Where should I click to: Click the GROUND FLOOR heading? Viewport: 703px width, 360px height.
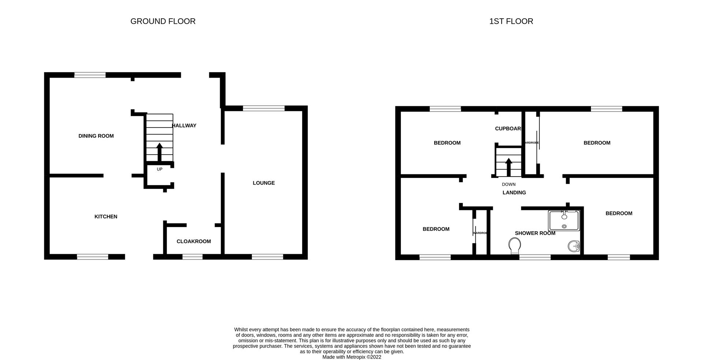163,21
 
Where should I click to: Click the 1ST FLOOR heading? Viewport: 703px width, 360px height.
511,21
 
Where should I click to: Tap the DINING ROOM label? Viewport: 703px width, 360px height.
96,136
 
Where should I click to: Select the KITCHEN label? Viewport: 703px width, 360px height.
106,216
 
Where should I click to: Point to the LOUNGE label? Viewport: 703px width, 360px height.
264,183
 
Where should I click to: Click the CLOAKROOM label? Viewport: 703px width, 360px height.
194,241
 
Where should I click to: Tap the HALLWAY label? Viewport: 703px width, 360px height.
184,126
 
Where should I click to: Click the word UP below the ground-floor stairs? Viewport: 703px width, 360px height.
160,169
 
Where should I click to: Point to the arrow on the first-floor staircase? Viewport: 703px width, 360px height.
509,167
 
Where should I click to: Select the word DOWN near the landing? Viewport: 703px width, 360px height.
509,184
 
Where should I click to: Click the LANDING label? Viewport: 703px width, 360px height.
514,193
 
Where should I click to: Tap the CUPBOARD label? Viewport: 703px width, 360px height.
508,129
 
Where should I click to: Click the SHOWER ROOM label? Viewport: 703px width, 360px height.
535,233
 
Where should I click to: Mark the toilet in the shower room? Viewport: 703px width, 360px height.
515,245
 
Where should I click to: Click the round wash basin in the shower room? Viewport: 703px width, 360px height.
574,246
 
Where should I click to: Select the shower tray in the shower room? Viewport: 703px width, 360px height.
564,220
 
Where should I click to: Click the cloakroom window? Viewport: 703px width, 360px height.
193,257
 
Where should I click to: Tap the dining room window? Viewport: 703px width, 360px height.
90,75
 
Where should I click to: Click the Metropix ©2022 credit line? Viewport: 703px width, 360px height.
351,357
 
